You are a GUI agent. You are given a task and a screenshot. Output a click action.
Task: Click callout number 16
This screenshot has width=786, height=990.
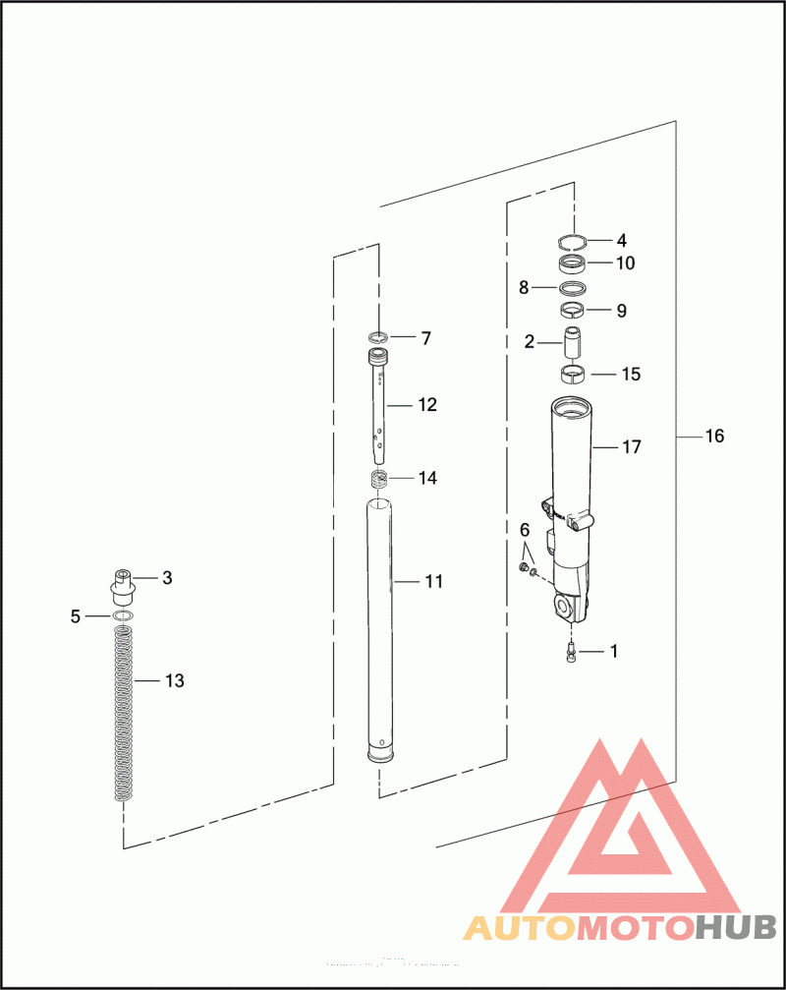[x=714, y=436]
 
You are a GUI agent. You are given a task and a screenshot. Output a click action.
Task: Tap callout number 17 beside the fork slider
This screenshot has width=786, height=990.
[x=631, y=447]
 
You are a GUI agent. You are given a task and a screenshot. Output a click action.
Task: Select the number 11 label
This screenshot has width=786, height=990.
[x=433, y=582]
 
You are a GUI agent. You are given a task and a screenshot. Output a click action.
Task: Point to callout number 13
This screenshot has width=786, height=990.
[x=174, y=680]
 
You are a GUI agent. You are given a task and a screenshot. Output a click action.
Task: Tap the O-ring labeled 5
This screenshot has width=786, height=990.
[x=123, y=616]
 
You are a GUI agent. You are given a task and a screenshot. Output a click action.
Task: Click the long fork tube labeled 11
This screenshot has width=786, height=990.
[x=380, y=629]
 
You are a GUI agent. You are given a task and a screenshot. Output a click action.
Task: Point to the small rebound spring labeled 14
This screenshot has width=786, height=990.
[x=378, y=479]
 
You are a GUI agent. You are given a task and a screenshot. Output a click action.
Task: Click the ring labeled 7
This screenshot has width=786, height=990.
[x=378, y=339]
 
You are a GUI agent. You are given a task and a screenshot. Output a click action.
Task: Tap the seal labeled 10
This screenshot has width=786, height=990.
[x=573, y=263]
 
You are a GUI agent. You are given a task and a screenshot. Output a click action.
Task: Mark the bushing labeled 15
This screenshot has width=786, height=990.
[x=573, y=374]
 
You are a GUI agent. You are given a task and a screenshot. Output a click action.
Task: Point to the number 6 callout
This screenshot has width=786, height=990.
[x=525, y=531]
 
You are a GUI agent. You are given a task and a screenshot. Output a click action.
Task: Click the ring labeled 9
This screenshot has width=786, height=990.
[x=573, y=312]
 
